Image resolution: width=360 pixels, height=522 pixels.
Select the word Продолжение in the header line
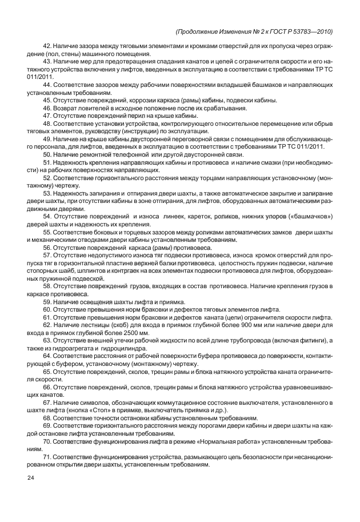coord(203,31)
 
